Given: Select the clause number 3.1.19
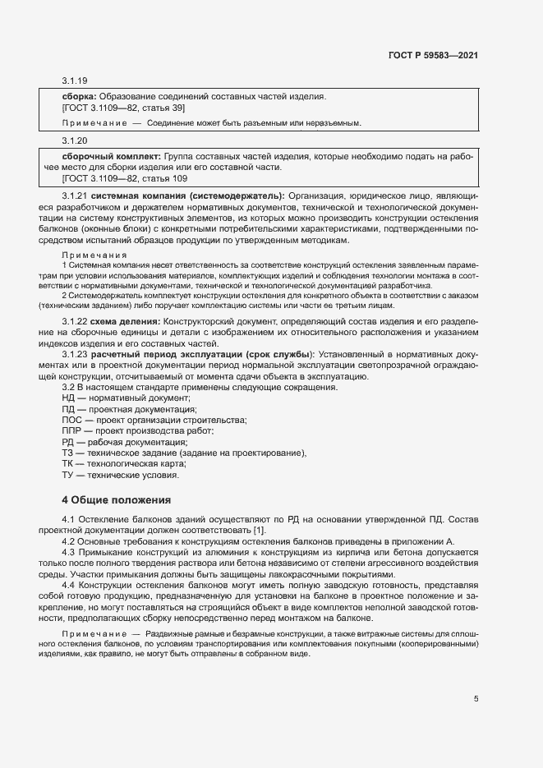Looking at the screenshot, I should click(75, 80).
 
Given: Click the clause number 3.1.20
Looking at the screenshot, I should click(75, 140).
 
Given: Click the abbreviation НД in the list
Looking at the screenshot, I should click(68, 397).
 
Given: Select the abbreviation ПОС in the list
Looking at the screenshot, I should click(71, 420).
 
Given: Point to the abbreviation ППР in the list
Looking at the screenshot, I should click(71, 430).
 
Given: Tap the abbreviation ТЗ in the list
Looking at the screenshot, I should click(67, 453).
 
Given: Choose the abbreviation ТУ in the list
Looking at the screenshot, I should click(67, 475).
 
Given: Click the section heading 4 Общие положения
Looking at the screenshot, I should click(116, 499).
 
